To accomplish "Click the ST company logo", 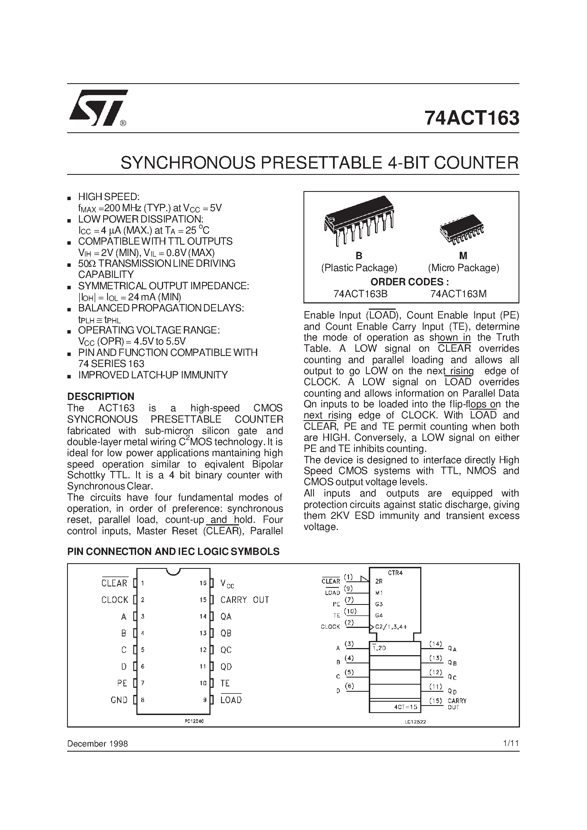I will click(98, 108).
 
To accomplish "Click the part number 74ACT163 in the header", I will click(472, 118).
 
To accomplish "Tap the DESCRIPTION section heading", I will click(101, 396).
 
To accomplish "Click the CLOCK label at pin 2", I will click(115, 600).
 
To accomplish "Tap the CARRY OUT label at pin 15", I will click(245, 600).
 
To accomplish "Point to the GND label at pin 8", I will click(119, 700).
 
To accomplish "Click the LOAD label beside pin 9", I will click(231, 700).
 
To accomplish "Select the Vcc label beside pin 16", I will click(227, 583).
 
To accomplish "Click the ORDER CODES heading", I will click(410, 282).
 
